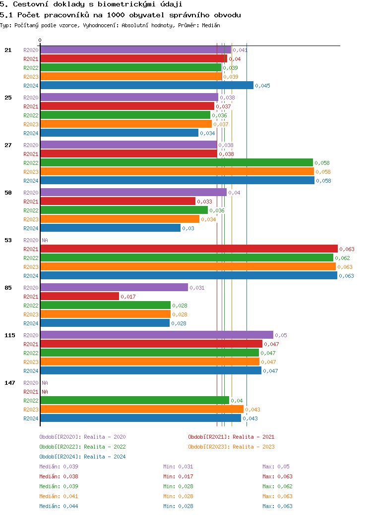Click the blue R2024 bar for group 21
point(147,85)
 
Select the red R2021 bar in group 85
point(79,296)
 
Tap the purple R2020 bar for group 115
point(156,335)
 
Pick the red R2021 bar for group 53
point(188,249)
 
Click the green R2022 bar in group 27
point(176,162)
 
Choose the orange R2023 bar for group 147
point(142,409)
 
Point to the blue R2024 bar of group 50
point(110,228)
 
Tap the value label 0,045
point(262,86)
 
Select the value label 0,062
point(342,258)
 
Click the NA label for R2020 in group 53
point(45,240)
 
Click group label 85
point(8,288)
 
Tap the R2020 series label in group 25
point(31,98)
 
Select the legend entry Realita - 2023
point(231,447)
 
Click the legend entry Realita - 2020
point(82,437)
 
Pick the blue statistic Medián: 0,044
point(59,506)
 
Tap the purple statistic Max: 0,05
point(276,466)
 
